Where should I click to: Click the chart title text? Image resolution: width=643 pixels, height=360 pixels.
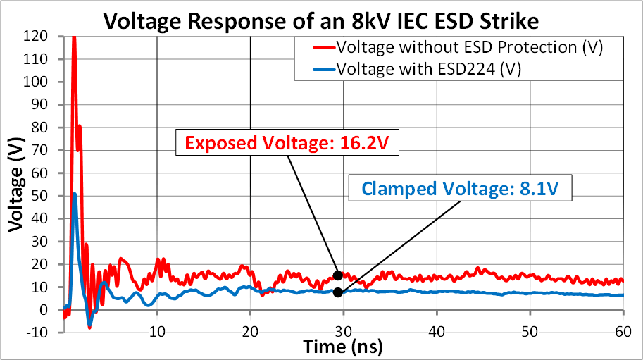(x=321, y=21)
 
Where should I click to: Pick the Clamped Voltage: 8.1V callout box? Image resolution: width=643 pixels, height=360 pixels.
(x=460, y=189)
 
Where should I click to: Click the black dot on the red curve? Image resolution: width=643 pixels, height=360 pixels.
(x=338, y=275)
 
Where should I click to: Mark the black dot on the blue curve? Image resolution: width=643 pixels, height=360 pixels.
(x=338, y=292)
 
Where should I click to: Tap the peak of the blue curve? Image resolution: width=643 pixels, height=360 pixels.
(x=75, y=194)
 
